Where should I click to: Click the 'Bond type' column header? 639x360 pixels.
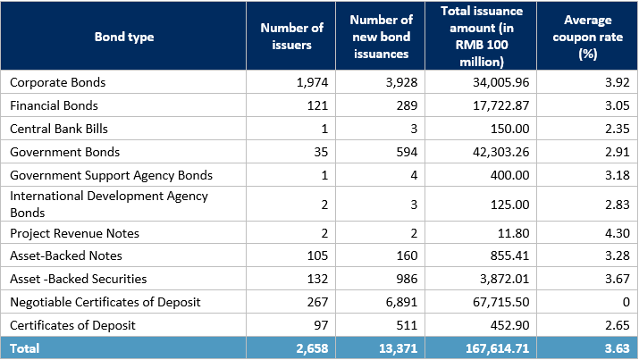point(124,37)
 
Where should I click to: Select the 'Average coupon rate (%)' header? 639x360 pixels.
point(587,37)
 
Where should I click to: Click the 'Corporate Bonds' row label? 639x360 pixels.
point(57,82)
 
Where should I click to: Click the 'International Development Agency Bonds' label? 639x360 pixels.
point(108,204)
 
